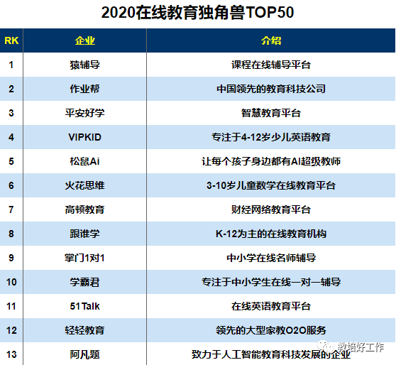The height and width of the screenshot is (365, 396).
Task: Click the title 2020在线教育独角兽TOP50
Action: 197,13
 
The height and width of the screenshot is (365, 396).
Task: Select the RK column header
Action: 11,40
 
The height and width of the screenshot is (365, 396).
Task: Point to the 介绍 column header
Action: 271,40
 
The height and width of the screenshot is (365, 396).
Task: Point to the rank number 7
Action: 11,209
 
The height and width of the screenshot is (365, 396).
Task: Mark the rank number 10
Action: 11,282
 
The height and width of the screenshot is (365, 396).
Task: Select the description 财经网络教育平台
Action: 271,209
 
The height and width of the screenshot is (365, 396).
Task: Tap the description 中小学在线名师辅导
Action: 271,258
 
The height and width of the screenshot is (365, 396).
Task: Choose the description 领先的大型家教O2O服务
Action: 271,330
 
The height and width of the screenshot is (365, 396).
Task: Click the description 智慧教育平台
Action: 271,113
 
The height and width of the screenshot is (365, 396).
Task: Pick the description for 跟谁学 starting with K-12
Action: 271,234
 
